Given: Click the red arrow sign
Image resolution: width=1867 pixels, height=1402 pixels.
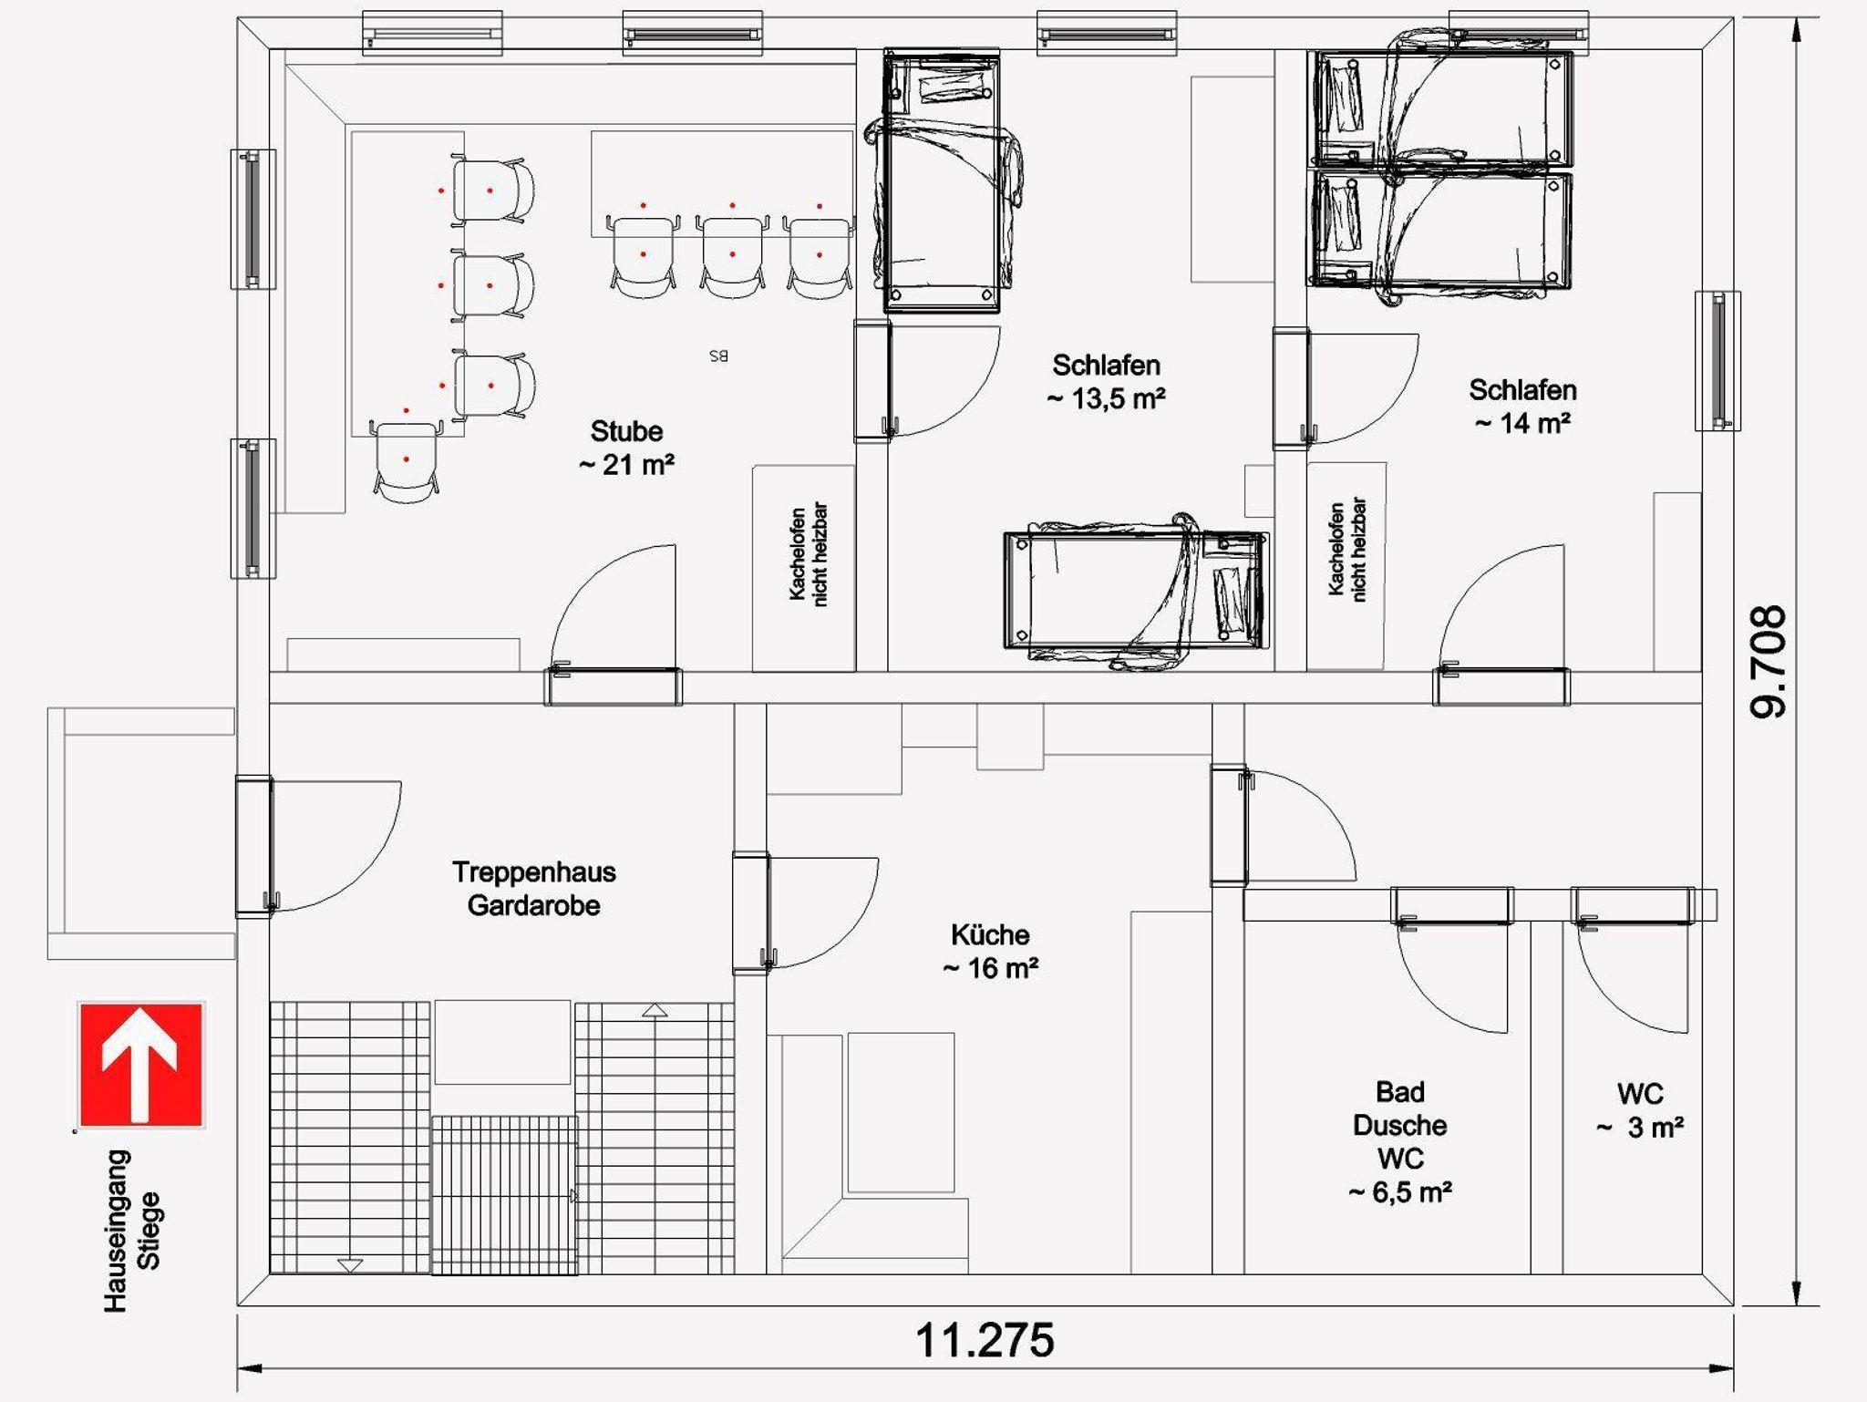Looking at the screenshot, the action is point(141,1064).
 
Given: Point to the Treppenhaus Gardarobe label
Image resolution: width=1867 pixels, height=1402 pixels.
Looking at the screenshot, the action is point(534,889).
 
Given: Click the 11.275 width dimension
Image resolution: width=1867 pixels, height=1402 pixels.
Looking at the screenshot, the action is point(985,1340).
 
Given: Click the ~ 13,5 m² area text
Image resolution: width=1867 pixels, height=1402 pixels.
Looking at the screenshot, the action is point(1106,398).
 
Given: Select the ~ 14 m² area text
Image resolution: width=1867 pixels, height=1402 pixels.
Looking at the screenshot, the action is point(1522,423).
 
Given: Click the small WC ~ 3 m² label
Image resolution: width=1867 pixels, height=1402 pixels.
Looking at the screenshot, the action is point(1640,1110).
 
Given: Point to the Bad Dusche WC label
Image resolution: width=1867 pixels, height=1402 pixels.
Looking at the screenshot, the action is point(1400,1141).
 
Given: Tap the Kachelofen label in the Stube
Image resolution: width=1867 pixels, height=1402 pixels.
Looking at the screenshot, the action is point(808,554).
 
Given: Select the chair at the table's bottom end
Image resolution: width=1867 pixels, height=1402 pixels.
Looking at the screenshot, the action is point(406,460).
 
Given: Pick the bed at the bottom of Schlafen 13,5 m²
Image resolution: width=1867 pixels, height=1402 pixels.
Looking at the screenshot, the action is point(1135,591).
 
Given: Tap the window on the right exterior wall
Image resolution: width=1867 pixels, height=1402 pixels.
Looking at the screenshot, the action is point(1718,361).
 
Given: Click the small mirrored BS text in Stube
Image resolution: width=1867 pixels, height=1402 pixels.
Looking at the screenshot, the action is point(718,356).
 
